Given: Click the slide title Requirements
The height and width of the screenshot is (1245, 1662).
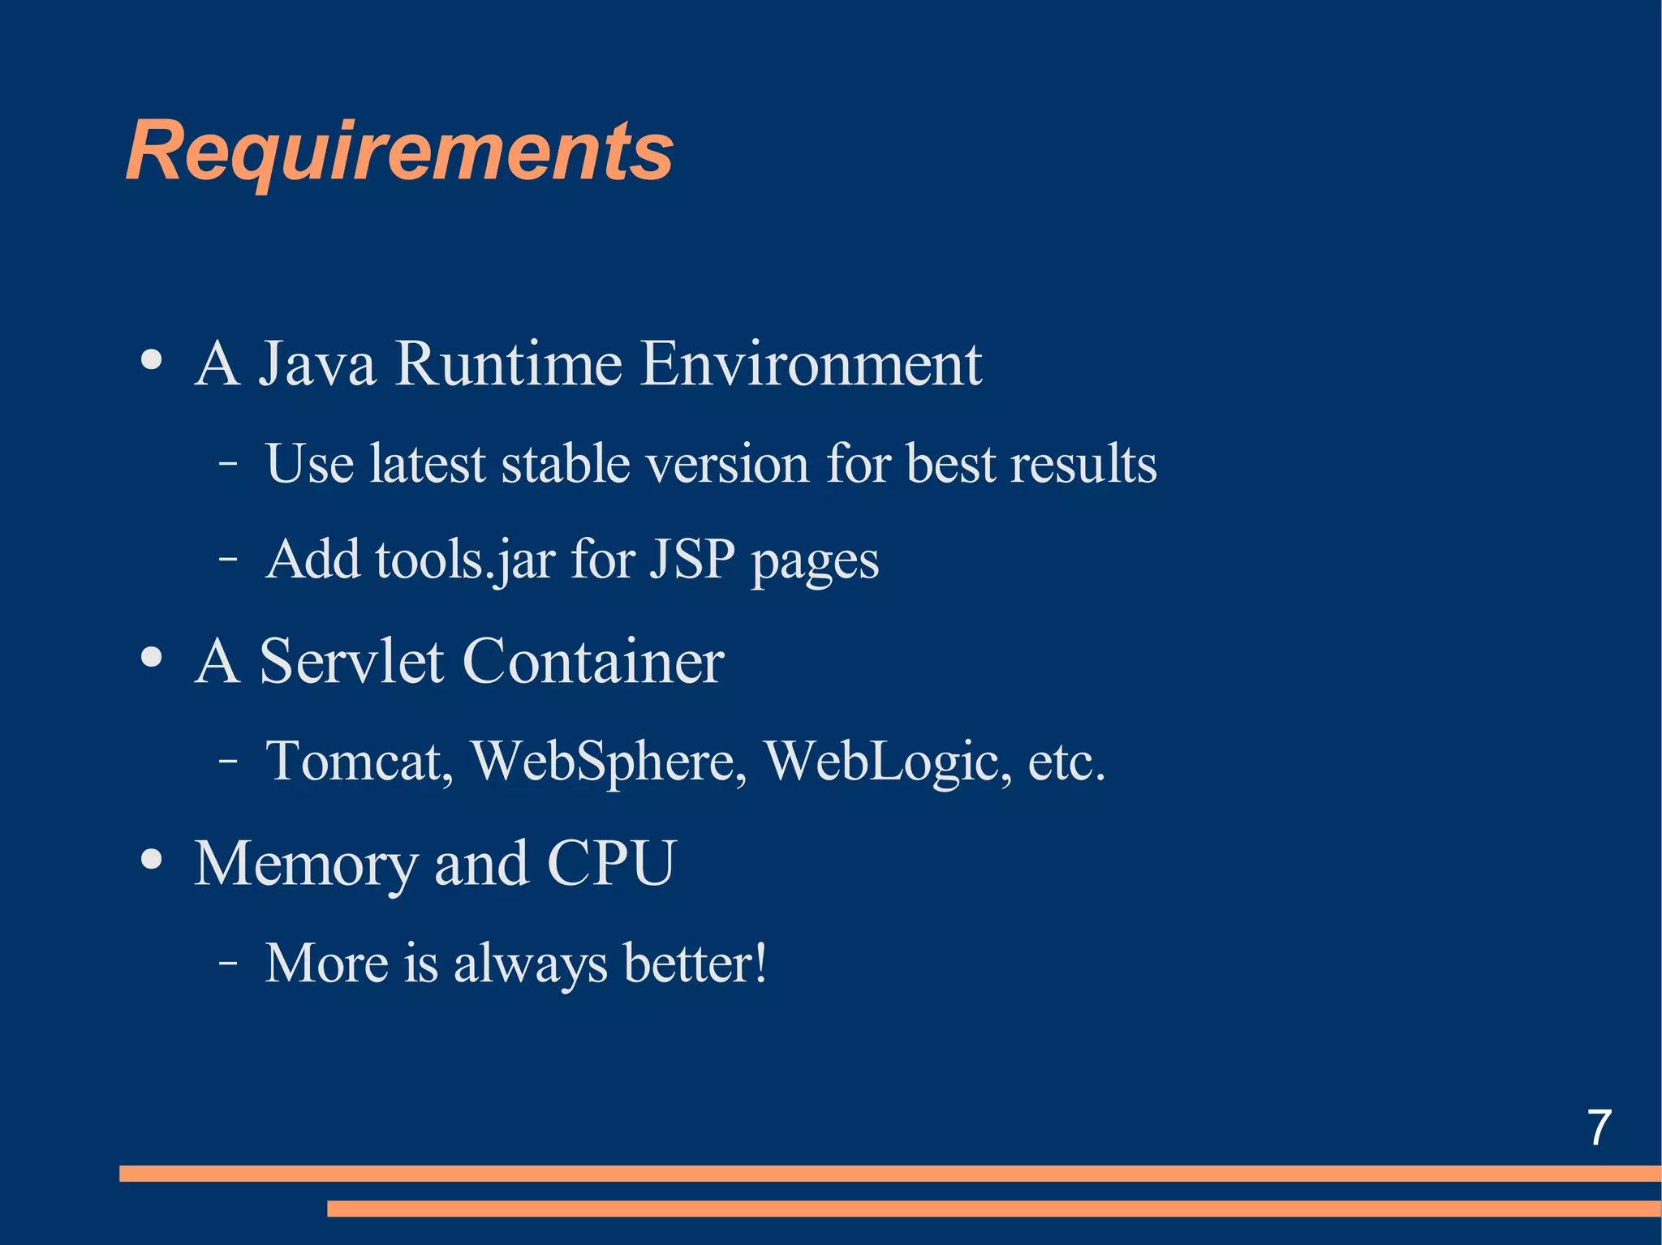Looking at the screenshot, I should [x=399, y=152].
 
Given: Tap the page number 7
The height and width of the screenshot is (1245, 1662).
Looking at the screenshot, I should [x=1599, y=1127].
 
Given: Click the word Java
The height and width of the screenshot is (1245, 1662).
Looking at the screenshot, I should [x=317, y=364].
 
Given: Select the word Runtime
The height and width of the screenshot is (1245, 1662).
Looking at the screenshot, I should [x=509, y=364].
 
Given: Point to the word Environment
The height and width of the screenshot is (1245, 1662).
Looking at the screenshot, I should [x=811, y=364].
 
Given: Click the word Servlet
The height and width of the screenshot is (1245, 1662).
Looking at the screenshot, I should [x=351, y=662].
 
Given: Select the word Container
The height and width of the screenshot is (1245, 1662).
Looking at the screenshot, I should [x=593, y=662].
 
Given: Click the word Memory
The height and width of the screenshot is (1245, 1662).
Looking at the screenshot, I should [x=305, y=864].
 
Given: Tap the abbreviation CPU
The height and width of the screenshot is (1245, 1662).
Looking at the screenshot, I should [x=612, y=863].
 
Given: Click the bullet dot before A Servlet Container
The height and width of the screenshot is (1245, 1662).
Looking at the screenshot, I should [x=152, y=658].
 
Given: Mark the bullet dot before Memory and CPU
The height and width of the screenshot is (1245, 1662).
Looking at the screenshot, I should [x=152, y=859].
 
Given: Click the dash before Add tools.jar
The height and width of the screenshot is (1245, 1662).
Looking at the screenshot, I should [x=228, y=559].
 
